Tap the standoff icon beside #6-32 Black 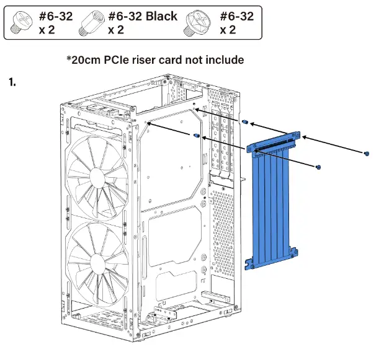point(95,22)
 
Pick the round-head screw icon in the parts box point(20,23)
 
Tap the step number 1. point(12,82)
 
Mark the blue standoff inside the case point(197,135)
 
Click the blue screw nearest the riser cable point(318,167)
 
